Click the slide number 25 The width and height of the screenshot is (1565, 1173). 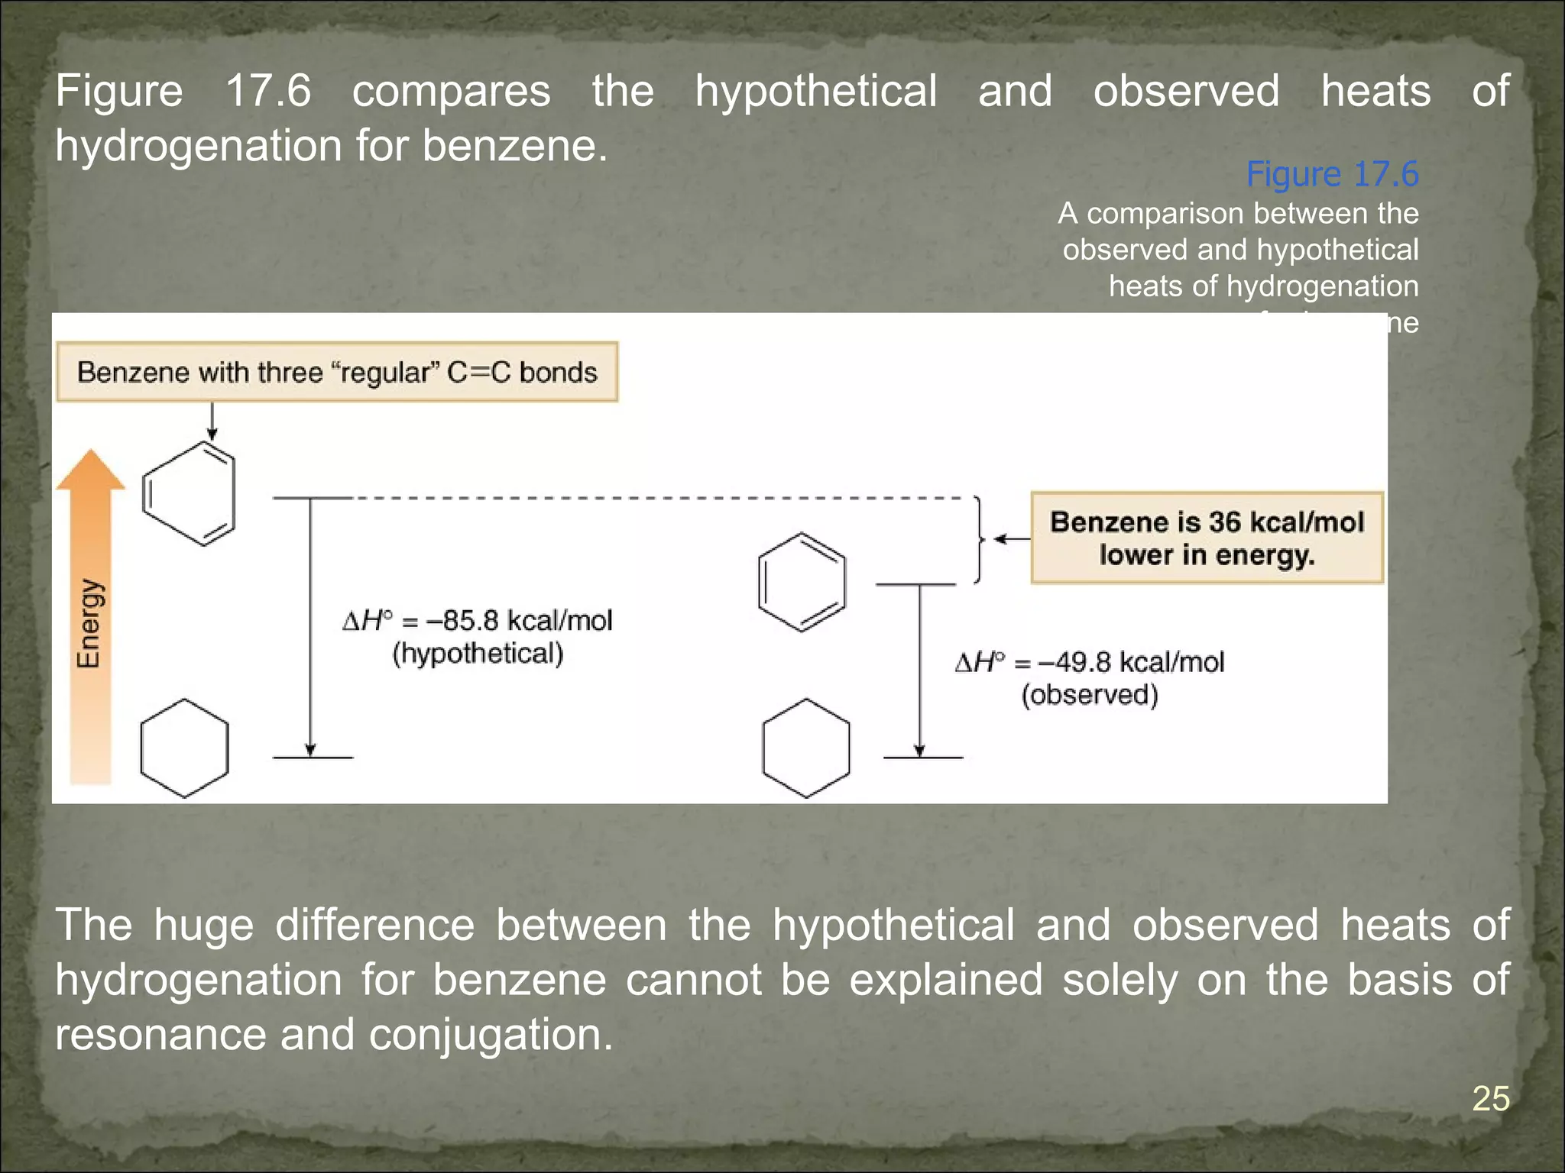(x=1490, y=1098)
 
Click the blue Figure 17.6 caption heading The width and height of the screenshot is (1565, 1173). (x=1332, y=174)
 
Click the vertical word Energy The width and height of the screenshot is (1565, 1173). (x=89, y=623)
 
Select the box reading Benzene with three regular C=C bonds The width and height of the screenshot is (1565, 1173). (x=337, y=372)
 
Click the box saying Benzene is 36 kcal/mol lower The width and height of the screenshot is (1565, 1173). (x=1207, y=538)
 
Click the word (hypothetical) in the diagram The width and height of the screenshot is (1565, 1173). (x=478, y=654)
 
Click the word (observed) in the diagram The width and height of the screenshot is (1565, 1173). (x=1090, y=695)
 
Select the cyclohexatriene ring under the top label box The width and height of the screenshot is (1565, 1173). (x=189, y=493)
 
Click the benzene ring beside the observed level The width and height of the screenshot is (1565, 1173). (x=802, y=582)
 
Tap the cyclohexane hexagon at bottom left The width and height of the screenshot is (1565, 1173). (x=184, y=748)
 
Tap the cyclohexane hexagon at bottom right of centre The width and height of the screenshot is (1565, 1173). (x=806, y=748)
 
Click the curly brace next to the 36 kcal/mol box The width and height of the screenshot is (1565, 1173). (x=979, y=539)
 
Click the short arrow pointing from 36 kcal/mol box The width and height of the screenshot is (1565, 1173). (x=1011, y=539)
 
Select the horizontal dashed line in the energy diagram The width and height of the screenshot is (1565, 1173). (x=657, y=498)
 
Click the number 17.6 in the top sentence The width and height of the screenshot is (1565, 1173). (x=268, y=91)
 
